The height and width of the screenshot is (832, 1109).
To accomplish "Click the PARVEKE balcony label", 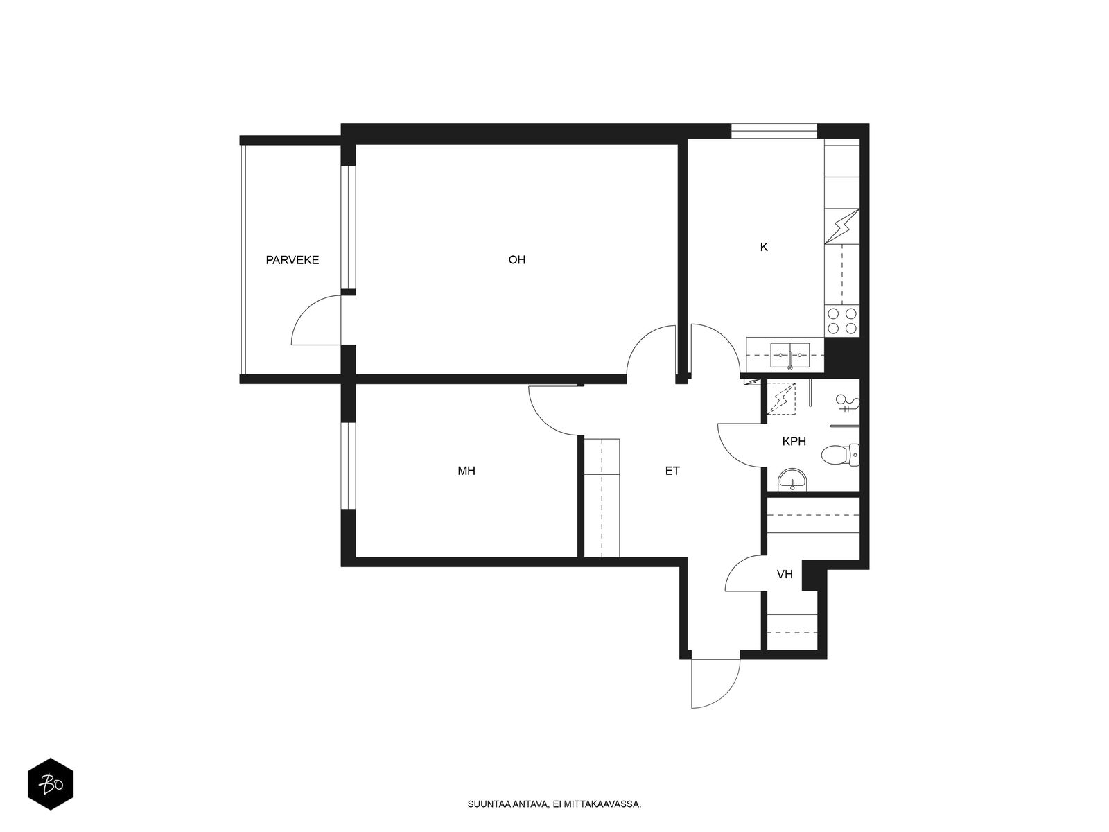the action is click(x=292, y=260).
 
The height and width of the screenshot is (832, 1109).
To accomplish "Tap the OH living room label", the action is click(x=517, y=259).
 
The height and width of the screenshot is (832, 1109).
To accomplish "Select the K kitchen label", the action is click(x=764, y=247).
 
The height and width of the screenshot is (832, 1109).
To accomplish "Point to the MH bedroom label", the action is click(x=466, y=471).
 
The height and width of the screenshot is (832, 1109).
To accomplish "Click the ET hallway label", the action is click(x=672, y=471).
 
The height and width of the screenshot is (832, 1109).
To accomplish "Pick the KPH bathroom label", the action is click(x=794, y=442).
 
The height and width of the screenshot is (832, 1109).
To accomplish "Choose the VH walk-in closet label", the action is click(x=785, y=574).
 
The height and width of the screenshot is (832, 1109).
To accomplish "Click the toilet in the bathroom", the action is click(x=840, y=455).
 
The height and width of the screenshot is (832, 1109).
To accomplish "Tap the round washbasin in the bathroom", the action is click(x=792, y=480).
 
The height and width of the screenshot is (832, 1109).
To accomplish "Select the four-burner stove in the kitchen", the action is click(x=841, y=321).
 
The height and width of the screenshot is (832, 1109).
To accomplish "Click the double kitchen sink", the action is click(x=789, y=355).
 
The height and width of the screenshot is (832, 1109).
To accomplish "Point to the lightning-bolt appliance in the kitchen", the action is click(x=841, y=226).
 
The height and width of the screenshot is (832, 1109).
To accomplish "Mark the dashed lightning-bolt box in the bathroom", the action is click(x=781, y=399).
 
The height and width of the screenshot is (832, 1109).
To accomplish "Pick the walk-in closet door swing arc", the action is click(x=735, y=566).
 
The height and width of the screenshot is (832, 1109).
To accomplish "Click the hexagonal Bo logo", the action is click(x=51, y=784).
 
